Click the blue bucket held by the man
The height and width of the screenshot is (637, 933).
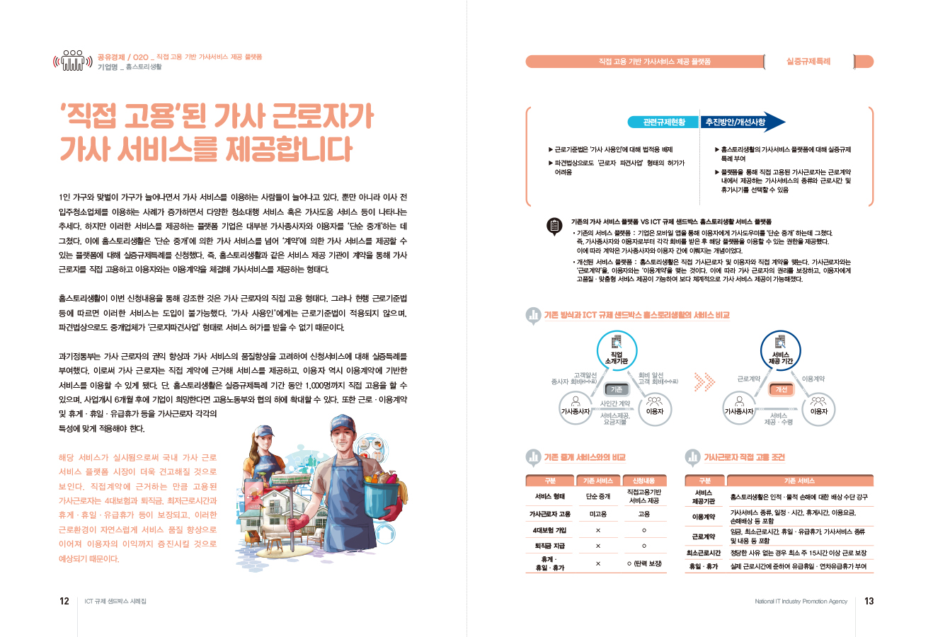(x=382, y=488)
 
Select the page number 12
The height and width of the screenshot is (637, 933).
(x=64, y=601)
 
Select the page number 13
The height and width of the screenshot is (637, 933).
(x=869, y=601)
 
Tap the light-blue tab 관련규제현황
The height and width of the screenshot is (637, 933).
(x=663, y=122)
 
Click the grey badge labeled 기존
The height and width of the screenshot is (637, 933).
(x=617, y=389)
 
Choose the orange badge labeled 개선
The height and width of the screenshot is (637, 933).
(x=782, y=389)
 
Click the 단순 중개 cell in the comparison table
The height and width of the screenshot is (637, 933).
(x=597, y=497)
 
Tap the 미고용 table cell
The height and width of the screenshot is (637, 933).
(x=597, y=515)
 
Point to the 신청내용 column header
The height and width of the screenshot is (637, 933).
(x=643, y=481)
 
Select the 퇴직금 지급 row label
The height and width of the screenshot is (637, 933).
(x=549, y=546)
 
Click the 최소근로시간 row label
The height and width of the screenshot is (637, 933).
(x=704, y=553)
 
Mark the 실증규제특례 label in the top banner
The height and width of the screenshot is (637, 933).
(x=808, y=62)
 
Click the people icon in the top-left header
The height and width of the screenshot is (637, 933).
(x=73, y=61)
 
